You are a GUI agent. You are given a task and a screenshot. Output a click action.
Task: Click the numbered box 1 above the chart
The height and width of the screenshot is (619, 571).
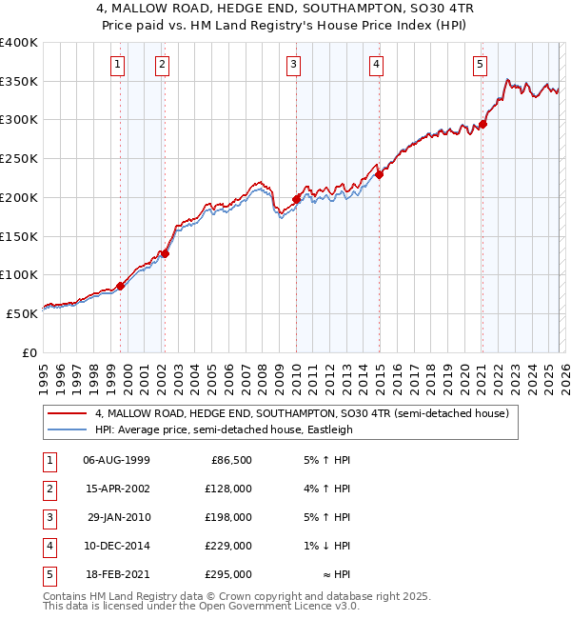point(117,65)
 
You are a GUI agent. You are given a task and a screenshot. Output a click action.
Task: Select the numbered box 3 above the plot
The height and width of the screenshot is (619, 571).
point(293,65)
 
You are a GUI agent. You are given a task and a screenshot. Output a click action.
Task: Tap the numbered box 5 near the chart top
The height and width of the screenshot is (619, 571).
point(479,65)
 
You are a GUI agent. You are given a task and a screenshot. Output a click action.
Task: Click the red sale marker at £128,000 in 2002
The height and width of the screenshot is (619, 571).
point(165,253)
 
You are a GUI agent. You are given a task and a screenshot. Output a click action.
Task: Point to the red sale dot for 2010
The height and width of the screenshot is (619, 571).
point(296,199)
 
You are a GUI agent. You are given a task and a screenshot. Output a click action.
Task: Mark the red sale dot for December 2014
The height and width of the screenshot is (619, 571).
point(379,174)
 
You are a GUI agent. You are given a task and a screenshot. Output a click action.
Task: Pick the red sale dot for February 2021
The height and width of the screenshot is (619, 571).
point(483,124)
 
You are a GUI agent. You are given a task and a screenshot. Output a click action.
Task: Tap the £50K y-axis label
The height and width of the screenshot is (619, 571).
point(23,312)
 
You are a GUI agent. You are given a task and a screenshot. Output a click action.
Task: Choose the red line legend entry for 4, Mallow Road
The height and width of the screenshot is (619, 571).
point(303,413)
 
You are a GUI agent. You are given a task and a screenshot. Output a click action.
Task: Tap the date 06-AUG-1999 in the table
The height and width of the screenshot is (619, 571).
point(117,460)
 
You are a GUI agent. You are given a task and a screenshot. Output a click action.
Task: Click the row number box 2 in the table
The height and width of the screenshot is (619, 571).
point(48,489)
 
